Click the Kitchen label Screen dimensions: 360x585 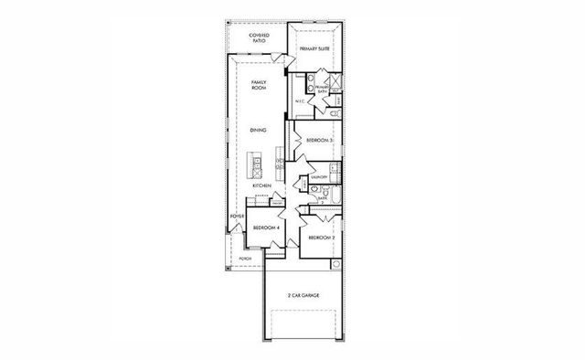tap(261, 185)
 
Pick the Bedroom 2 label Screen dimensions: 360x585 tap(320, 238)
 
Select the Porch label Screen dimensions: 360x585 tap(245, 259)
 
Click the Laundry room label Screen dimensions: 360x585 tap(319, 177)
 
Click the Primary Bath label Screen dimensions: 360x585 tap(321, 88)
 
